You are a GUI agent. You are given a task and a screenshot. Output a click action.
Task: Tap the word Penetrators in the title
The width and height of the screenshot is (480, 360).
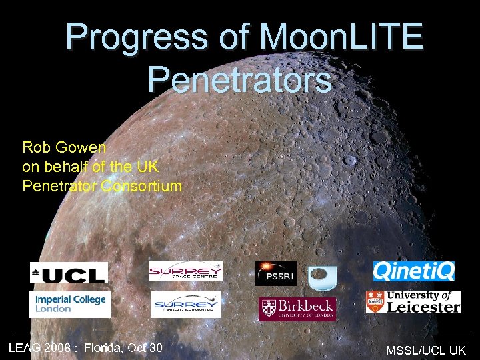tap(239, 79)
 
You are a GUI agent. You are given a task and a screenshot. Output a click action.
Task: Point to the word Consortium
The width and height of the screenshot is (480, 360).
tap(141, 186)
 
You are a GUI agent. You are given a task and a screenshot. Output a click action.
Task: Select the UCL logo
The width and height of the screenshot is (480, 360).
tap(69, 272)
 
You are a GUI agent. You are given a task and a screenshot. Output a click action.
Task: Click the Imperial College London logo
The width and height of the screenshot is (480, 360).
tap(70, 304)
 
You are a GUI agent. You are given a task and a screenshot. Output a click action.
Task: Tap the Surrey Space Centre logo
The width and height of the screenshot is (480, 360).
tap(185, 271)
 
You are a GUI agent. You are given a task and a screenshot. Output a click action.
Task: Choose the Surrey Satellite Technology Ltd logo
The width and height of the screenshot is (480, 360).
tap(185, 305)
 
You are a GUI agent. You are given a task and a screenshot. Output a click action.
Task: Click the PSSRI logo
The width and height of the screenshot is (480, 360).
tap(275, 273)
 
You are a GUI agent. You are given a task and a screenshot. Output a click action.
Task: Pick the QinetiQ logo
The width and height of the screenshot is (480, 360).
tap(413, 271)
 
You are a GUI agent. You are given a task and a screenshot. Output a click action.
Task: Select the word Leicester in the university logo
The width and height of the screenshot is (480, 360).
tap(425, 307)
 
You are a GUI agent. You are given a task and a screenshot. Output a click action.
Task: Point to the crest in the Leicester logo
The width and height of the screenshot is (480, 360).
tap(376, 301)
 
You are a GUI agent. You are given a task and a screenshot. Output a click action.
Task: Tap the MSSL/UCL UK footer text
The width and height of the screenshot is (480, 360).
tap(425, 349)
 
